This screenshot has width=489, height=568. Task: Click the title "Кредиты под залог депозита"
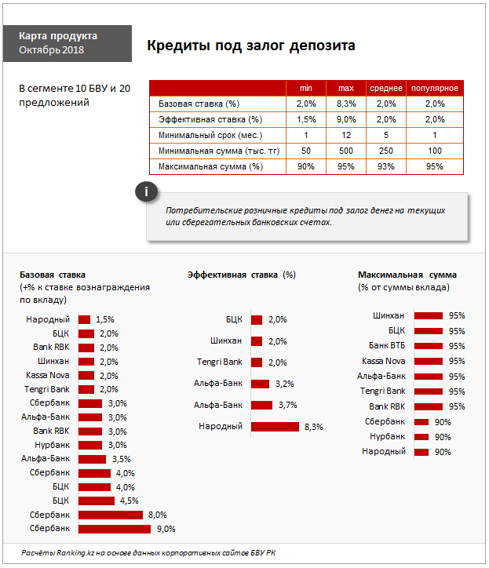coord(251,46)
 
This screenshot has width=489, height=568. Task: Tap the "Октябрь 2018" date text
coord(52,50)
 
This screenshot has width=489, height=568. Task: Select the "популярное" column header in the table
coord(434,88)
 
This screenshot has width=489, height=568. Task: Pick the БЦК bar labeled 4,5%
coord(97,501)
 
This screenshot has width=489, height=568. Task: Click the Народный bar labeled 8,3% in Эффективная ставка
coord(275,427)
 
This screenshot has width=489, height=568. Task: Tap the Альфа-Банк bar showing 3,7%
coord(261,405)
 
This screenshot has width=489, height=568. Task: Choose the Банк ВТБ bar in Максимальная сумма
coord(429,346)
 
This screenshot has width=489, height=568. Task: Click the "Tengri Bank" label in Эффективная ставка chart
coord(219,362)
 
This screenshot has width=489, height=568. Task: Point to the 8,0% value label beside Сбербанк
coord(157,515)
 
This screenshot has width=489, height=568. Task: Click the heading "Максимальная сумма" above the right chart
coord(407,275)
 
